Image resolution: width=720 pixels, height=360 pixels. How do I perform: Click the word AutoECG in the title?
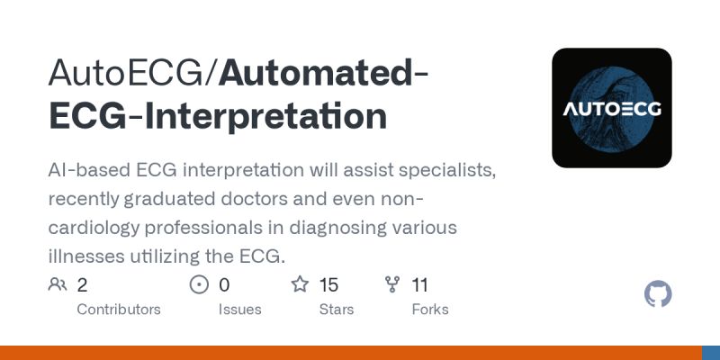click(x=126, y=73)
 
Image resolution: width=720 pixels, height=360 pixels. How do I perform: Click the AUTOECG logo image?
click(x=612, y=108)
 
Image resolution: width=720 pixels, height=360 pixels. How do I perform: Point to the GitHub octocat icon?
click(x=659, y=294)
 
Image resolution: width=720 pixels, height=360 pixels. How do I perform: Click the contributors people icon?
click(x=58, y=285)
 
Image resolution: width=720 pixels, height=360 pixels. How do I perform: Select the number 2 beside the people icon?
click(x=83, y=285)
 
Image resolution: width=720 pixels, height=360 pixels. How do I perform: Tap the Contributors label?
click(x=119, y=309)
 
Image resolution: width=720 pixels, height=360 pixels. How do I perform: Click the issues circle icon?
click(x=199, y=285)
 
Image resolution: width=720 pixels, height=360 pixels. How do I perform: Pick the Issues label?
click(x=239, y=309)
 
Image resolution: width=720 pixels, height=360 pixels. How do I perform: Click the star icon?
click(x=300, y=285)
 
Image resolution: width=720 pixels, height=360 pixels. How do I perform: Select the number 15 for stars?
click(x=328, y=285)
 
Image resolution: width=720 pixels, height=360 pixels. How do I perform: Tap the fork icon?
click(x=391, y=285)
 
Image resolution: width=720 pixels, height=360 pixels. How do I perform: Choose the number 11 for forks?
click(x=419, y=285)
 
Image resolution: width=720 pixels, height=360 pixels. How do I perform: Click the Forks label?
click(x=429, y=309)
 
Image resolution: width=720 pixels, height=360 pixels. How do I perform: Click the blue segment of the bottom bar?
click(x=710, y=353)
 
